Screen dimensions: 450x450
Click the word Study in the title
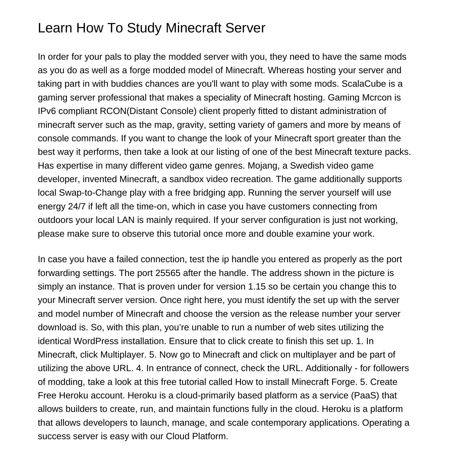(144, 28)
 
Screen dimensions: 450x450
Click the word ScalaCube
(364, 84)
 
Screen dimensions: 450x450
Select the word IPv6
(46, 111)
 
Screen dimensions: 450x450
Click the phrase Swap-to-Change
(93, 193)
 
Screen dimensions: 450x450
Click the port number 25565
(168, 273)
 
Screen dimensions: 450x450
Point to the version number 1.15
(257, 286)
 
